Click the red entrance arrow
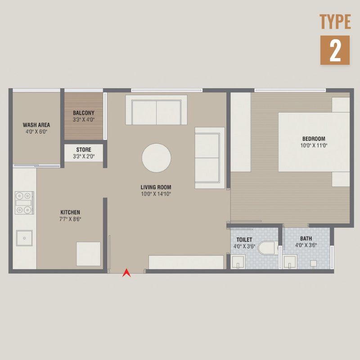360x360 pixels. [x=126, y=273]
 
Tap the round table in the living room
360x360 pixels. [x=156, y=158]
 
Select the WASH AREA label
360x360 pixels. [x=36, y=125]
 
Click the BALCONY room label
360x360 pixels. [x=84, y=113]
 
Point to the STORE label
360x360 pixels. [x=84, y=150]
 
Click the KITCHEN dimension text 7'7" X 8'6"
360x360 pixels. [x=70, y=219]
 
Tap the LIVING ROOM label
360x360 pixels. [x=156, y=187]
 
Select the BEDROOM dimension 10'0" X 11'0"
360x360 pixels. [x=314, y=145]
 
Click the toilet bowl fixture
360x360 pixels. [x=268, y=248]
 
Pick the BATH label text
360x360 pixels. [x=306, y=238]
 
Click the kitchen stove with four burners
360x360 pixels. [x=25, y=203]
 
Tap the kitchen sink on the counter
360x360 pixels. [x=24, y=238]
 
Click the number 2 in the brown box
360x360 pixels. [x=335, y=50]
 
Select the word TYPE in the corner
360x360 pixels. [x=335, y=22]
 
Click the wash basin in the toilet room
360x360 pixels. [x=238, y=261]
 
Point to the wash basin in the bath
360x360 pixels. [x=290, y=261]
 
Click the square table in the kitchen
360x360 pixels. [x=88, y=254]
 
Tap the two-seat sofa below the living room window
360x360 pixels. [x=156, y=110]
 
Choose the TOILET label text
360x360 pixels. [x=244, y=240]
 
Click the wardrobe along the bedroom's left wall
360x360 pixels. [x=241, y=132]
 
